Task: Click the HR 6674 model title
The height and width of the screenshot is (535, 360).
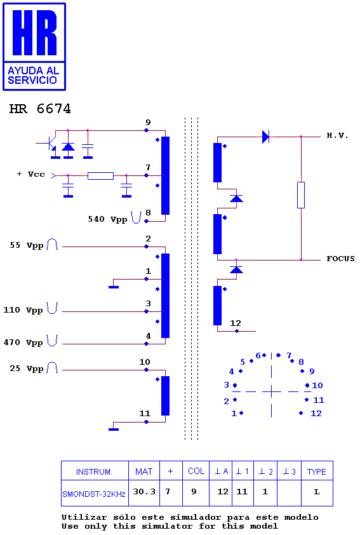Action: (x=40, y=109)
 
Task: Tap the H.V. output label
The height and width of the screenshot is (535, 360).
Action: (x=337, y=136)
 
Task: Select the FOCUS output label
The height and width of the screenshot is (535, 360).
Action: (x=340, y=259)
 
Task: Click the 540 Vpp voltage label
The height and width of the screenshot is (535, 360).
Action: (x=107, y=219)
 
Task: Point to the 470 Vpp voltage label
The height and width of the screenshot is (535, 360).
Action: (x=23, y=342)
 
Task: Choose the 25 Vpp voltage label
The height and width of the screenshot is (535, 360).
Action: (x=27, y=369)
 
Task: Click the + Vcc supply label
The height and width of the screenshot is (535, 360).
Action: (x=30, y=174)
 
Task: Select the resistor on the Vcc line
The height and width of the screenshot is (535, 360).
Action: (x=100, y=176)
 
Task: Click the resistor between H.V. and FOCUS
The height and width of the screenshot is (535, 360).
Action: (x=301, y=195)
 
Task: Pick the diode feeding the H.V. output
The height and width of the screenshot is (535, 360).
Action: (x=265, y=137)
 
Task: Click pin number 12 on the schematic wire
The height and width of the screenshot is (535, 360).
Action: (x=235, y=323)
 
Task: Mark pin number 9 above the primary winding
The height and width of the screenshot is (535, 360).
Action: (x=148, y=122)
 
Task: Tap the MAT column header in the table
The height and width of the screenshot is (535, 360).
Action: (x=144, y=471)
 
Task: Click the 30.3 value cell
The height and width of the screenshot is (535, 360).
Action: (x=144, y=492)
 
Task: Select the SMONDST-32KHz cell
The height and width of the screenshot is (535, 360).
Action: (x=94, y=494)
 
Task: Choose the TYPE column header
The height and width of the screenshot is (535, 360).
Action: (x=317, y=472)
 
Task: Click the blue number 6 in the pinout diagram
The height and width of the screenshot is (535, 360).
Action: (x=258, y=356)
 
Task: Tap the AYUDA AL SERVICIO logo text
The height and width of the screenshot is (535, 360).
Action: (x=33, y=76)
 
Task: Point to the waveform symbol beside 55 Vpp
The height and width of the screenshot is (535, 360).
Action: (x=52, y=244)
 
